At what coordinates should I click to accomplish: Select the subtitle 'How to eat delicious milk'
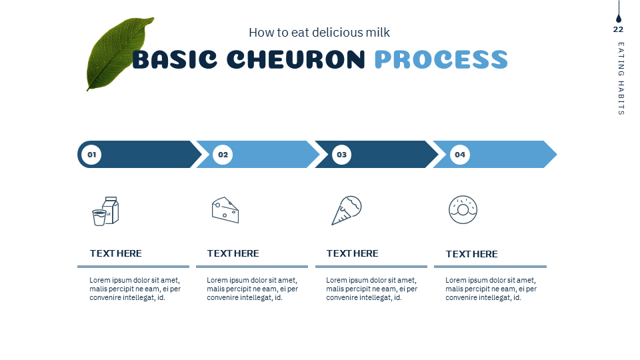pyautogui.click(x=319, y=32)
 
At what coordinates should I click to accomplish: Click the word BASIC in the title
pyautogui.click(x=174, y=60)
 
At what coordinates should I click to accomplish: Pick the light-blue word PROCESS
pyautogui.click(x=441, y=60)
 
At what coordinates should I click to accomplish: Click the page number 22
pyautogui.click(x=618, y=29)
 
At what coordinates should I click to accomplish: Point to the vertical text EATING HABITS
pyautogui.click(x=621, y=79)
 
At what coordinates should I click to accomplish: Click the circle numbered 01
pyautogui.click(x=91, y=155)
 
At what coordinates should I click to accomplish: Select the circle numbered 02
pyautogui.click(x=223, y=155)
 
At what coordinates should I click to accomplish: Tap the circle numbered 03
pyautogui.click(x=341, y=155)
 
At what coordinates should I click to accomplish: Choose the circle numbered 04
pyautogui.click(x=460, y=155)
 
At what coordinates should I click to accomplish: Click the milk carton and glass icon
pyautogui.click(x=105, y=211)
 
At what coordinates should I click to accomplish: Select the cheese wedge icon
pyautogui.click(x=225, y=210)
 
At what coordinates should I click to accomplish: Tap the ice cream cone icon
pyautogui.click(x=347, y=210)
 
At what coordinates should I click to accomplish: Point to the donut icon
pyautogui.click(x=463, y=210)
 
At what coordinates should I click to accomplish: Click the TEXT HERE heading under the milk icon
pyautogui.click(x=116, y=253)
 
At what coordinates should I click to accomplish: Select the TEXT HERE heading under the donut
pyautogui.click(x=471, y=254)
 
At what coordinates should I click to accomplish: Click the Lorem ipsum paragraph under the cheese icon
pyautogui.click(x=252, y=289)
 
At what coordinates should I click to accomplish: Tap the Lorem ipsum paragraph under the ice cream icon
pyautogui.click(x=371, y=289)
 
